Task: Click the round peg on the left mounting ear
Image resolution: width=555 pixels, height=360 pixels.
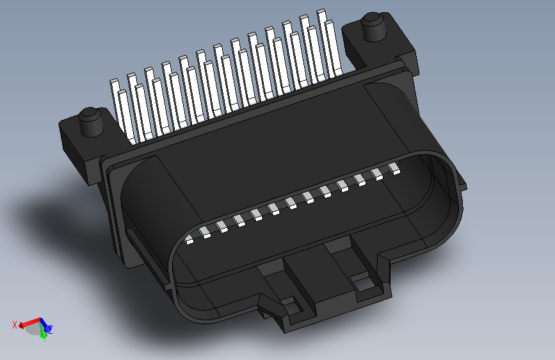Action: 90,121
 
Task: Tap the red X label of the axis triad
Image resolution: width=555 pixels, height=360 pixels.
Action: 14,325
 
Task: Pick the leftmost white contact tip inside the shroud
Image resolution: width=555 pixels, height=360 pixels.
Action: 190,240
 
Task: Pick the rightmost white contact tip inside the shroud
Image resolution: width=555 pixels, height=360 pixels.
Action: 394,169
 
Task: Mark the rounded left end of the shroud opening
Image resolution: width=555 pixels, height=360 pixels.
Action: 138,211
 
